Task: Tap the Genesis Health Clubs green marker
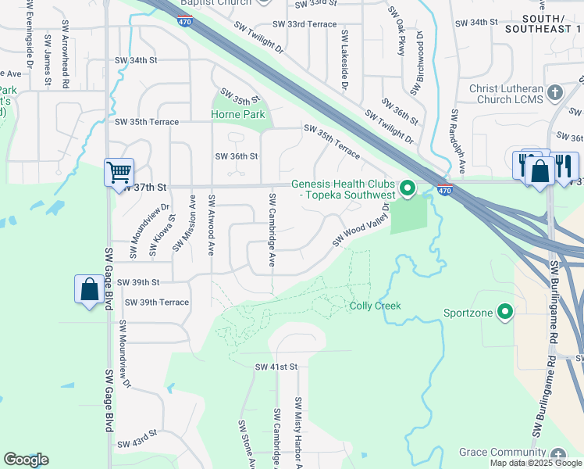tap(407, 188)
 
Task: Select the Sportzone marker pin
tap(505, 313)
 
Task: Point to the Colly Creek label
tap(375, 306)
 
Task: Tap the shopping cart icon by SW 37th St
tap(119, 171)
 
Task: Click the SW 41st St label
tap(276, 367)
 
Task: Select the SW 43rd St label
tap(138, 444)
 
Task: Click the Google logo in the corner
tap(26, 460)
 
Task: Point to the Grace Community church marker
tap(557, 454)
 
